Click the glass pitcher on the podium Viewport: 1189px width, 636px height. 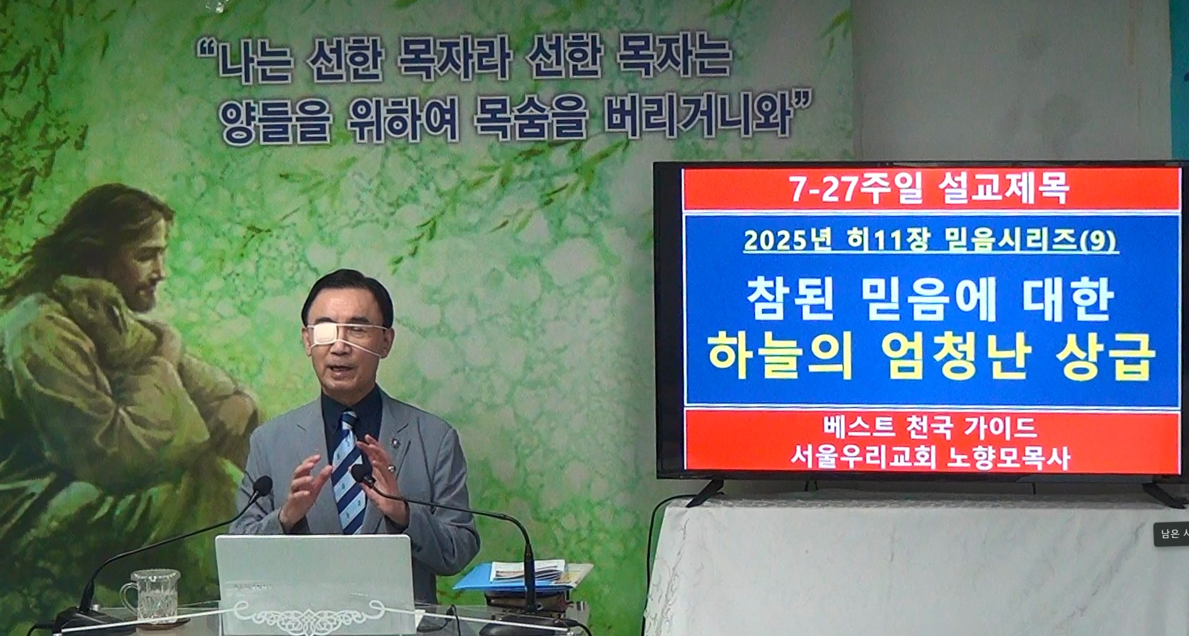click(152, 596)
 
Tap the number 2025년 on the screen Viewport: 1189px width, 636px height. click(787, 240)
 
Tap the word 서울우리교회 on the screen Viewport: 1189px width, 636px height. click(863, 458)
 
